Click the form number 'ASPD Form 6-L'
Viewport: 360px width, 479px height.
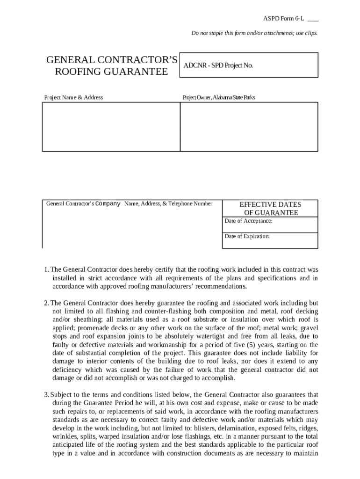283,19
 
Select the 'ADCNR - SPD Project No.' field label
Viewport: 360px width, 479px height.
218,65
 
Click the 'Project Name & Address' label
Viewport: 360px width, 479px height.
73,97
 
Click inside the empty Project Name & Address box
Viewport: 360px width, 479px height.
111,127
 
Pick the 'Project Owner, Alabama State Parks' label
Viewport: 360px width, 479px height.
219,97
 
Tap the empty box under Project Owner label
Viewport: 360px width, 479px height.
249,127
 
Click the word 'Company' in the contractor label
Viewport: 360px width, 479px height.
108,203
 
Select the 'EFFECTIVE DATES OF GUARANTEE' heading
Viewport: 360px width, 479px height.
270,209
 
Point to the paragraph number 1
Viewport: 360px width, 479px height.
46,269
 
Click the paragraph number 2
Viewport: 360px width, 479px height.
46,303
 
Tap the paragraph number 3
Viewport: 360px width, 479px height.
46,394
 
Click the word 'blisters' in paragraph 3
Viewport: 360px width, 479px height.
217,428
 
